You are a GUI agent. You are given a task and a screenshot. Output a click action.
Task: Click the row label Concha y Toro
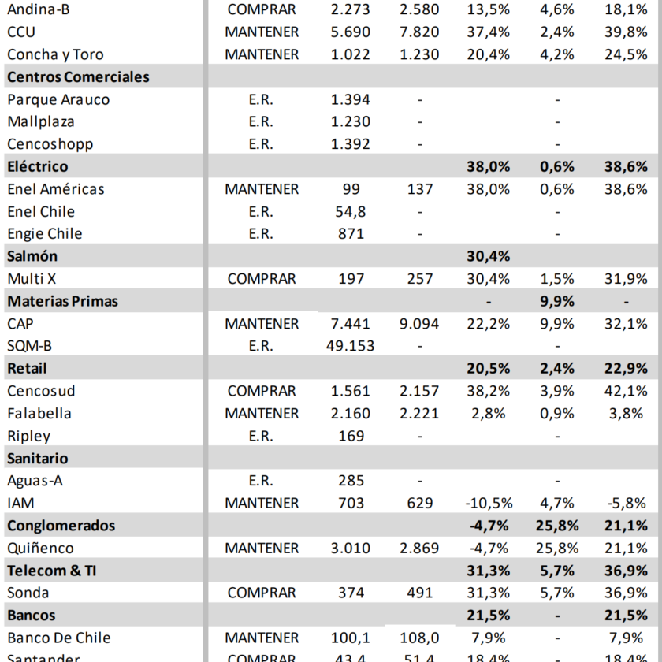[x=55, y=54]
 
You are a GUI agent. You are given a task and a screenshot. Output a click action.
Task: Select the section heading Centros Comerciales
[x=78, y=77]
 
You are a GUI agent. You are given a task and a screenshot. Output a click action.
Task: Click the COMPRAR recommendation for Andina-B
[x=261, y=9]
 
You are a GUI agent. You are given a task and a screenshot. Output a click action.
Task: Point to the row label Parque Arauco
[x=58, y=99]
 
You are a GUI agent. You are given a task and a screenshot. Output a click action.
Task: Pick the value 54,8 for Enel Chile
[x=350, y=211]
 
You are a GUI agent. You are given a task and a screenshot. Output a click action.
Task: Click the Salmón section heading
[x=32, y=256]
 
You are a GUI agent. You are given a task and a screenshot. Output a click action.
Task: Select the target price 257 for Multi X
[x=420, y=278]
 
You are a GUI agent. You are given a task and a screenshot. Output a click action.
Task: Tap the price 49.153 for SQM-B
[x=350, y=345]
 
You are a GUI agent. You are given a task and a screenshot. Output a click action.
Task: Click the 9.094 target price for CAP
[x=420, y=323]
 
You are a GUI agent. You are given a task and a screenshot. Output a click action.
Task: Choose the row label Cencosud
[x=41, y=391]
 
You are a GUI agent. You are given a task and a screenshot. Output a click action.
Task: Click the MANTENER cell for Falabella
[x=261, y=413]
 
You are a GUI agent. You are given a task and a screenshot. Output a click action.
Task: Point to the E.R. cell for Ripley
[x=261, y=436]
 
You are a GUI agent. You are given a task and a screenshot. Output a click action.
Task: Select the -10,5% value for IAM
[x=489, y=503]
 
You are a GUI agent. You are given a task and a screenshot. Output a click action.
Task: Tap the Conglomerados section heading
[x=61, y=526]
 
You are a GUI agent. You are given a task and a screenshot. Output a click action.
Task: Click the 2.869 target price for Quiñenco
[x=420, y=548]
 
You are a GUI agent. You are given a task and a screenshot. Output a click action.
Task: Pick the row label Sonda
[x=28, y=593]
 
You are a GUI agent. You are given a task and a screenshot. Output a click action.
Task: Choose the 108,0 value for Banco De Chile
[x=420, y=638]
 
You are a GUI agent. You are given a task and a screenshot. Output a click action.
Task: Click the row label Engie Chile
[x=45, y=233]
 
